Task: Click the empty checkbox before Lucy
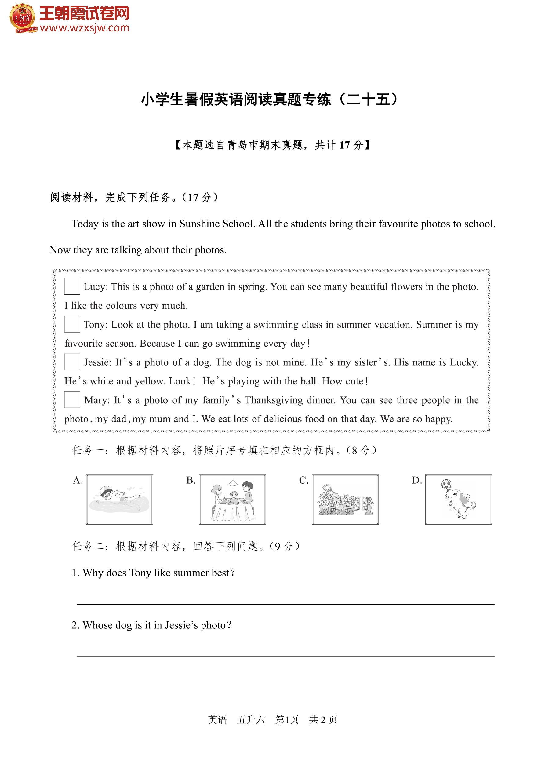(72, 286)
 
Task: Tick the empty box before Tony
(72, 324)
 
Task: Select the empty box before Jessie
(72, 362)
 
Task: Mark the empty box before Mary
(72, 400)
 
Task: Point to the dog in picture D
(462, 502)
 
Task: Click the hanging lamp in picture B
(232, 482)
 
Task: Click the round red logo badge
(23, 18)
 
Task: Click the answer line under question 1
(285, 604)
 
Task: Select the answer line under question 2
(285, 656)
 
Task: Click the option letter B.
(191, 481)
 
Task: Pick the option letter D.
(417, 481)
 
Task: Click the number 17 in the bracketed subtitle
(344, 145)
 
